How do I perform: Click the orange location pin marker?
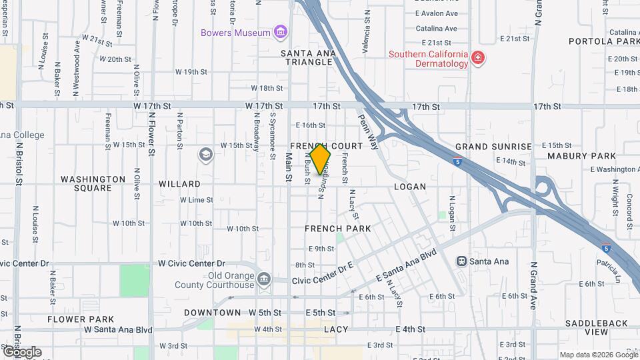[320, 157]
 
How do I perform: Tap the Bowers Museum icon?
[281, 33]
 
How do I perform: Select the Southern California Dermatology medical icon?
[477, 59]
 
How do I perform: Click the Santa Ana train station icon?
[461, 261]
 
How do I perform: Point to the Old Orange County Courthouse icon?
[264, 279]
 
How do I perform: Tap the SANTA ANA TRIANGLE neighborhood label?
[306, 57]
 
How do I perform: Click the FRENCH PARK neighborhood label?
[337, 229]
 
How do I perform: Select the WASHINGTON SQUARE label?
[93, 183]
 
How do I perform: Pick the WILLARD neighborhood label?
[179, 184]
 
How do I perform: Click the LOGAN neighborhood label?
[409, 187]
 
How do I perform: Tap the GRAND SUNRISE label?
[493, 147]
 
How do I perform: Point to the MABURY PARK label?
[581, 156]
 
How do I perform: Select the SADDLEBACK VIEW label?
[596, 327]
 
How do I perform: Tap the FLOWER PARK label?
[81, 319]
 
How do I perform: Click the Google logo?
[22, 352]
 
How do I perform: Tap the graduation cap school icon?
[205, 155]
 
